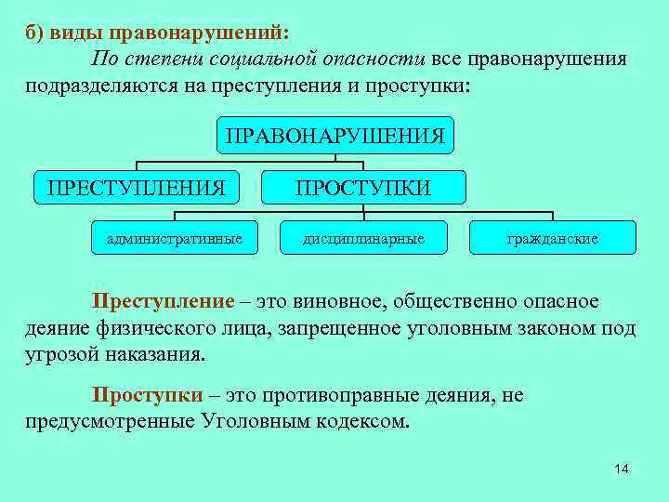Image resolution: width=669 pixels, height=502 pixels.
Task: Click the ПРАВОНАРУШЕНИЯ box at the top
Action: coord(334,138)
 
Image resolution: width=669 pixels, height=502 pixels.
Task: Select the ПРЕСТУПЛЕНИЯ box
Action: coord(137,189)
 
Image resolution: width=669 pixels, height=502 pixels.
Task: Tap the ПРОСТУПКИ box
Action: coord(363,189)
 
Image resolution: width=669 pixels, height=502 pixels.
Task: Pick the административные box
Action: coord(175,239)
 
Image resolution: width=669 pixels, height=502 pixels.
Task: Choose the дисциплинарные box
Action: coord(363,239)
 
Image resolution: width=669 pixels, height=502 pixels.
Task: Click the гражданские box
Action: coord(552,239)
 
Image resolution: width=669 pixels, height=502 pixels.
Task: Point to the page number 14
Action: coord(622,469)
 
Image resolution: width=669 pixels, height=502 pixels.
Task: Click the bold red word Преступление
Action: coord(162,302)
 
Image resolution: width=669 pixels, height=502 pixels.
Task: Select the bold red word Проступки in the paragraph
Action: coord(147,395)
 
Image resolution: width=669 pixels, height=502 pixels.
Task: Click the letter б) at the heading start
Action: coord(34,32)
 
